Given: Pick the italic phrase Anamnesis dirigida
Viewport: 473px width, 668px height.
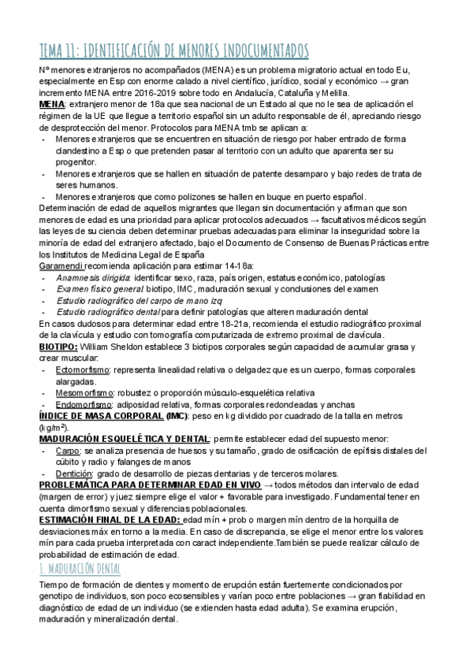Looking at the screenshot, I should click(93, 278).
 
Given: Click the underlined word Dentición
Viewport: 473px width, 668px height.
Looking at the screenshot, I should click(74, 473).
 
